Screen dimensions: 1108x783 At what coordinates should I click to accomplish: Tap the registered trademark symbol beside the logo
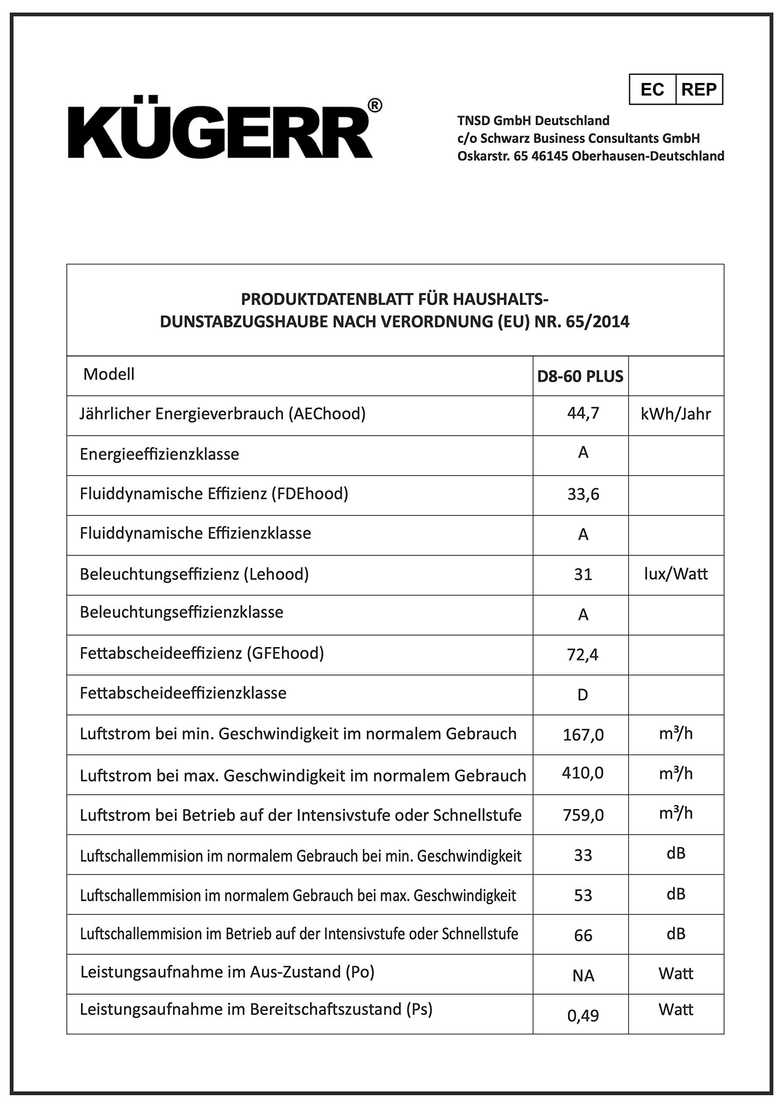point(375,105)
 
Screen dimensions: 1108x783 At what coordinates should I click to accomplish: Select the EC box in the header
point(652,89)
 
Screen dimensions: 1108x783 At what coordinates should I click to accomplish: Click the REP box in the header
point(699,89)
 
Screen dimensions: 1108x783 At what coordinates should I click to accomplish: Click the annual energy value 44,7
point(583,413)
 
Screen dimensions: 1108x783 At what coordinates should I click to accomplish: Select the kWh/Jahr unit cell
point(675,414)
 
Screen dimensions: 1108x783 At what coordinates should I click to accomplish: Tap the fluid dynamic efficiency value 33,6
point(583,495)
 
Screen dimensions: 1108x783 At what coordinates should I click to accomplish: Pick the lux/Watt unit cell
point(675,574)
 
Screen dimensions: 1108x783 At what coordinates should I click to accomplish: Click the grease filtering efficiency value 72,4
point(583,654)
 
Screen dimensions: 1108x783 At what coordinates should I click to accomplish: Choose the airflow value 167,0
point(583,735)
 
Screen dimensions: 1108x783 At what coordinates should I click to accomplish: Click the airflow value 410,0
point(583,773)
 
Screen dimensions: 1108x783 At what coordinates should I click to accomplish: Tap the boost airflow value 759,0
point(583,815)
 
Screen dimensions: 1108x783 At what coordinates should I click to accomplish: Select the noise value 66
point(583,935)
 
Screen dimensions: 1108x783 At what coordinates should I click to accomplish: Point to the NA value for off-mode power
point(583,975)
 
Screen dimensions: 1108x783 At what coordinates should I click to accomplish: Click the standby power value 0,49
point(583,1016)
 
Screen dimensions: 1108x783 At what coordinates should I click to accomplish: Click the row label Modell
point(109,374)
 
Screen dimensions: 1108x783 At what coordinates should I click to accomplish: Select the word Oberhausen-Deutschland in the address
point(648,156)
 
